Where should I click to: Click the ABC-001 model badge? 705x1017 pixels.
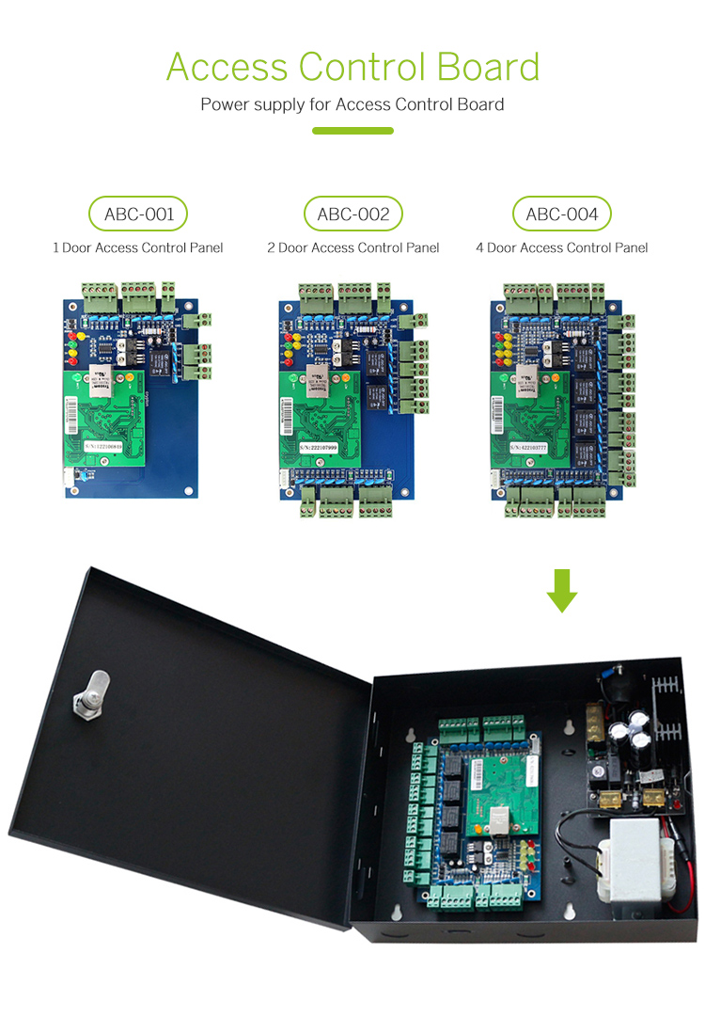137,215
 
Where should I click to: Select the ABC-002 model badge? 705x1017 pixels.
352,215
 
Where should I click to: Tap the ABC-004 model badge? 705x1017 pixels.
561,215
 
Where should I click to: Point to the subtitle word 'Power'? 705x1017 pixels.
224,104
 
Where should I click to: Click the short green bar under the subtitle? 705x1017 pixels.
352,131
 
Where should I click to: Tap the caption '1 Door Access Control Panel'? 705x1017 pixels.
137,248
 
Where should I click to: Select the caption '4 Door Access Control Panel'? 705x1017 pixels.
561,248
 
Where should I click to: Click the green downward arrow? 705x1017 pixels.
561,590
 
